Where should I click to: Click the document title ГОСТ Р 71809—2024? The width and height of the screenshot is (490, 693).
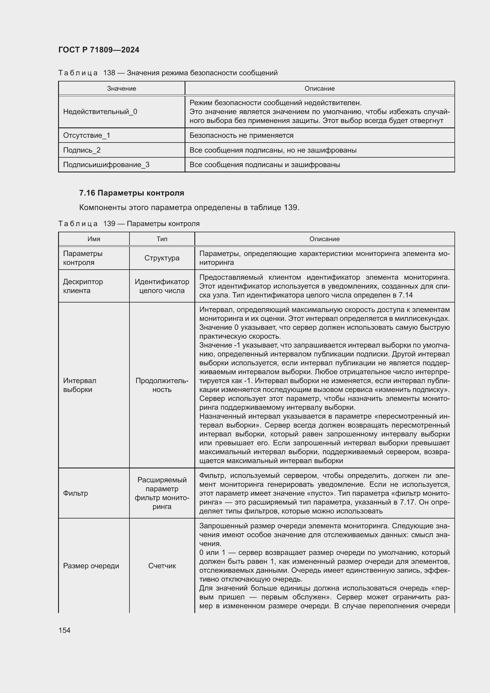point(99,50)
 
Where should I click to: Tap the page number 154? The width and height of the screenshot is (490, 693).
point(64,630)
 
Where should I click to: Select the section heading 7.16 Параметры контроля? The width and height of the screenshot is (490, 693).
point(132,193)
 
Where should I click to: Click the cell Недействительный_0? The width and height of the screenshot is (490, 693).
point(100,112)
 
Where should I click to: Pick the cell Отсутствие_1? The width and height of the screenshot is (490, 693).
point(87,135)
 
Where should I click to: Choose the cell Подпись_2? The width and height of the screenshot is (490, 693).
point(82,150)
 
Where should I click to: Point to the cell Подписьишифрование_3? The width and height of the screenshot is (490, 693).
point(106,164)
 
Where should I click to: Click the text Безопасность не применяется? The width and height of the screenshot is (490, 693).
point(241,135)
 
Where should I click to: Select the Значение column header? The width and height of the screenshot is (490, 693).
point(121,88)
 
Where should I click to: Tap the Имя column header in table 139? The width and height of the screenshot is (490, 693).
point(94,239)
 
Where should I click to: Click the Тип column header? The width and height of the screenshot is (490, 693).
point(162,239)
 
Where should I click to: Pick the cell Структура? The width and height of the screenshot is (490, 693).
point(162,258)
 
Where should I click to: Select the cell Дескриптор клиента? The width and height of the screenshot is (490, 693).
point(83,286)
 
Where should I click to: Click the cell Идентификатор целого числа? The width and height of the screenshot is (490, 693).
point(162,286)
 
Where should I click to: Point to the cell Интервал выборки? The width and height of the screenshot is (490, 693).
point(80,385)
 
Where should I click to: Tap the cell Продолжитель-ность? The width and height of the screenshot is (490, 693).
point(162,385)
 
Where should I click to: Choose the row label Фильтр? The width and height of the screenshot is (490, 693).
point(76,493)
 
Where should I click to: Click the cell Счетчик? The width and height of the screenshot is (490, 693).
point(162,566)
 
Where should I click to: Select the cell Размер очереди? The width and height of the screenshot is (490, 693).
point(91,566)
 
